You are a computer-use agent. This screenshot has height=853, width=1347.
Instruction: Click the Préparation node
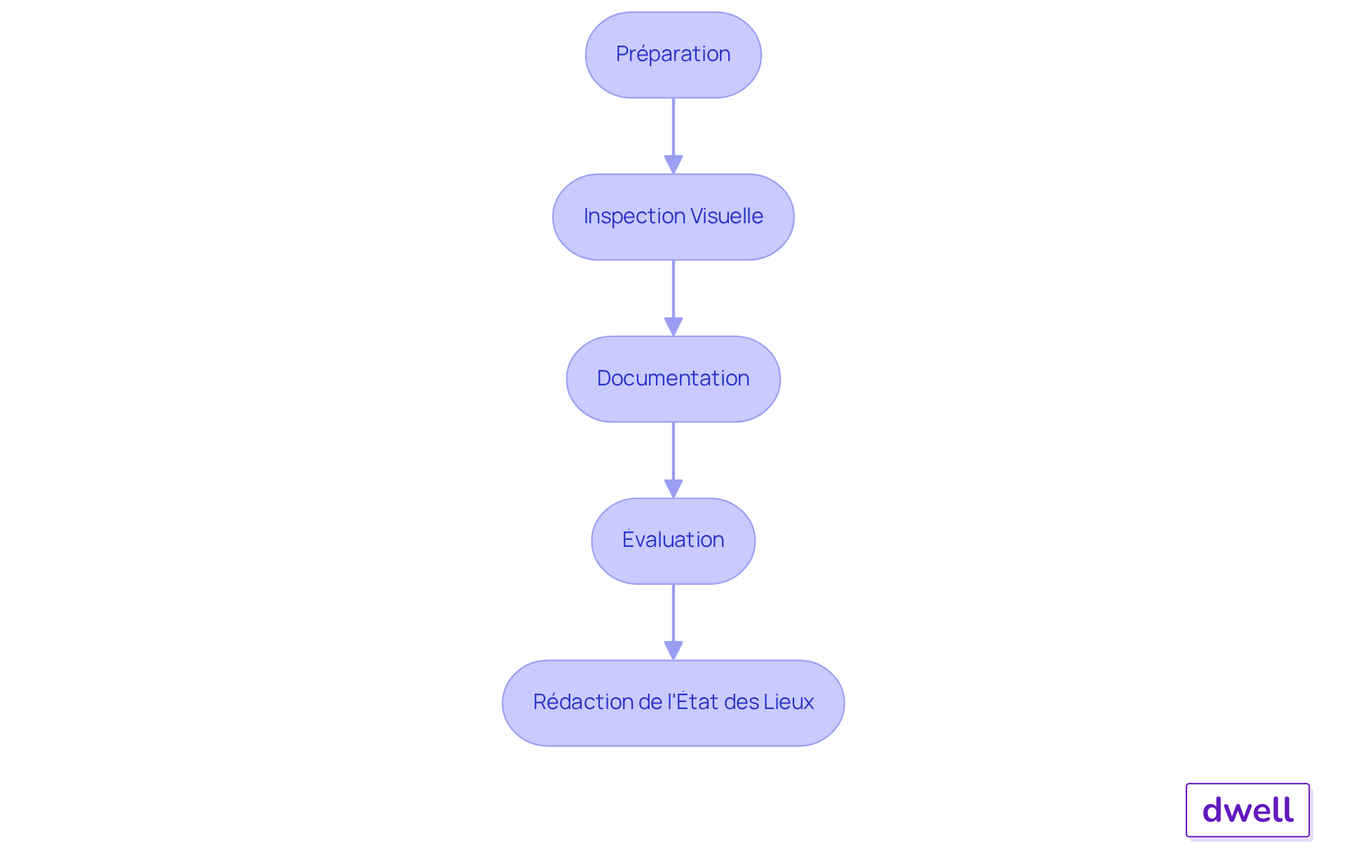[673, 55]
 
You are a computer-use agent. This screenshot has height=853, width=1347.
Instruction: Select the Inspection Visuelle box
[673, 217]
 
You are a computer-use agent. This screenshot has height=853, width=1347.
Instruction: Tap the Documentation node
[673, 379]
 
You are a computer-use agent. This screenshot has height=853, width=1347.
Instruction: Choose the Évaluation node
[673, 541]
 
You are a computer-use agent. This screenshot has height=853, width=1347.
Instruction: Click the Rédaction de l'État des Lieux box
[673, 703]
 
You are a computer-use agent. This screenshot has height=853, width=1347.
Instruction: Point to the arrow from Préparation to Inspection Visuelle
[673, 135]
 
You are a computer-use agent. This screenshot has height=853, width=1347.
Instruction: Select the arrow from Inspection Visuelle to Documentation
[673, 298]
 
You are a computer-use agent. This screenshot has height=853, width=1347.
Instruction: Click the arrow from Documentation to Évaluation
[673, 460]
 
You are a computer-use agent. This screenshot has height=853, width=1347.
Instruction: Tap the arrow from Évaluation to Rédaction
[673, 622]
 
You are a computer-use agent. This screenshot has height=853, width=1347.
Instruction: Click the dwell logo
[1248, 810]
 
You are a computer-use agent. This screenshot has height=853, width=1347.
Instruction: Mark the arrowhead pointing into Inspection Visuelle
[673, 165]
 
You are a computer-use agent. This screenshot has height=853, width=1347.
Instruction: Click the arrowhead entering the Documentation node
[673, 327]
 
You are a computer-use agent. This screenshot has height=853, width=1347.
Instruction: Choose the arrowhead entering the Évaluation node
[673, 489]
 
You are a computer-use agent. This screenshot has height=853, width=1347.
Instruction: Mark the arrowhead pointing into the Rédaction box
[673, 651]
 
